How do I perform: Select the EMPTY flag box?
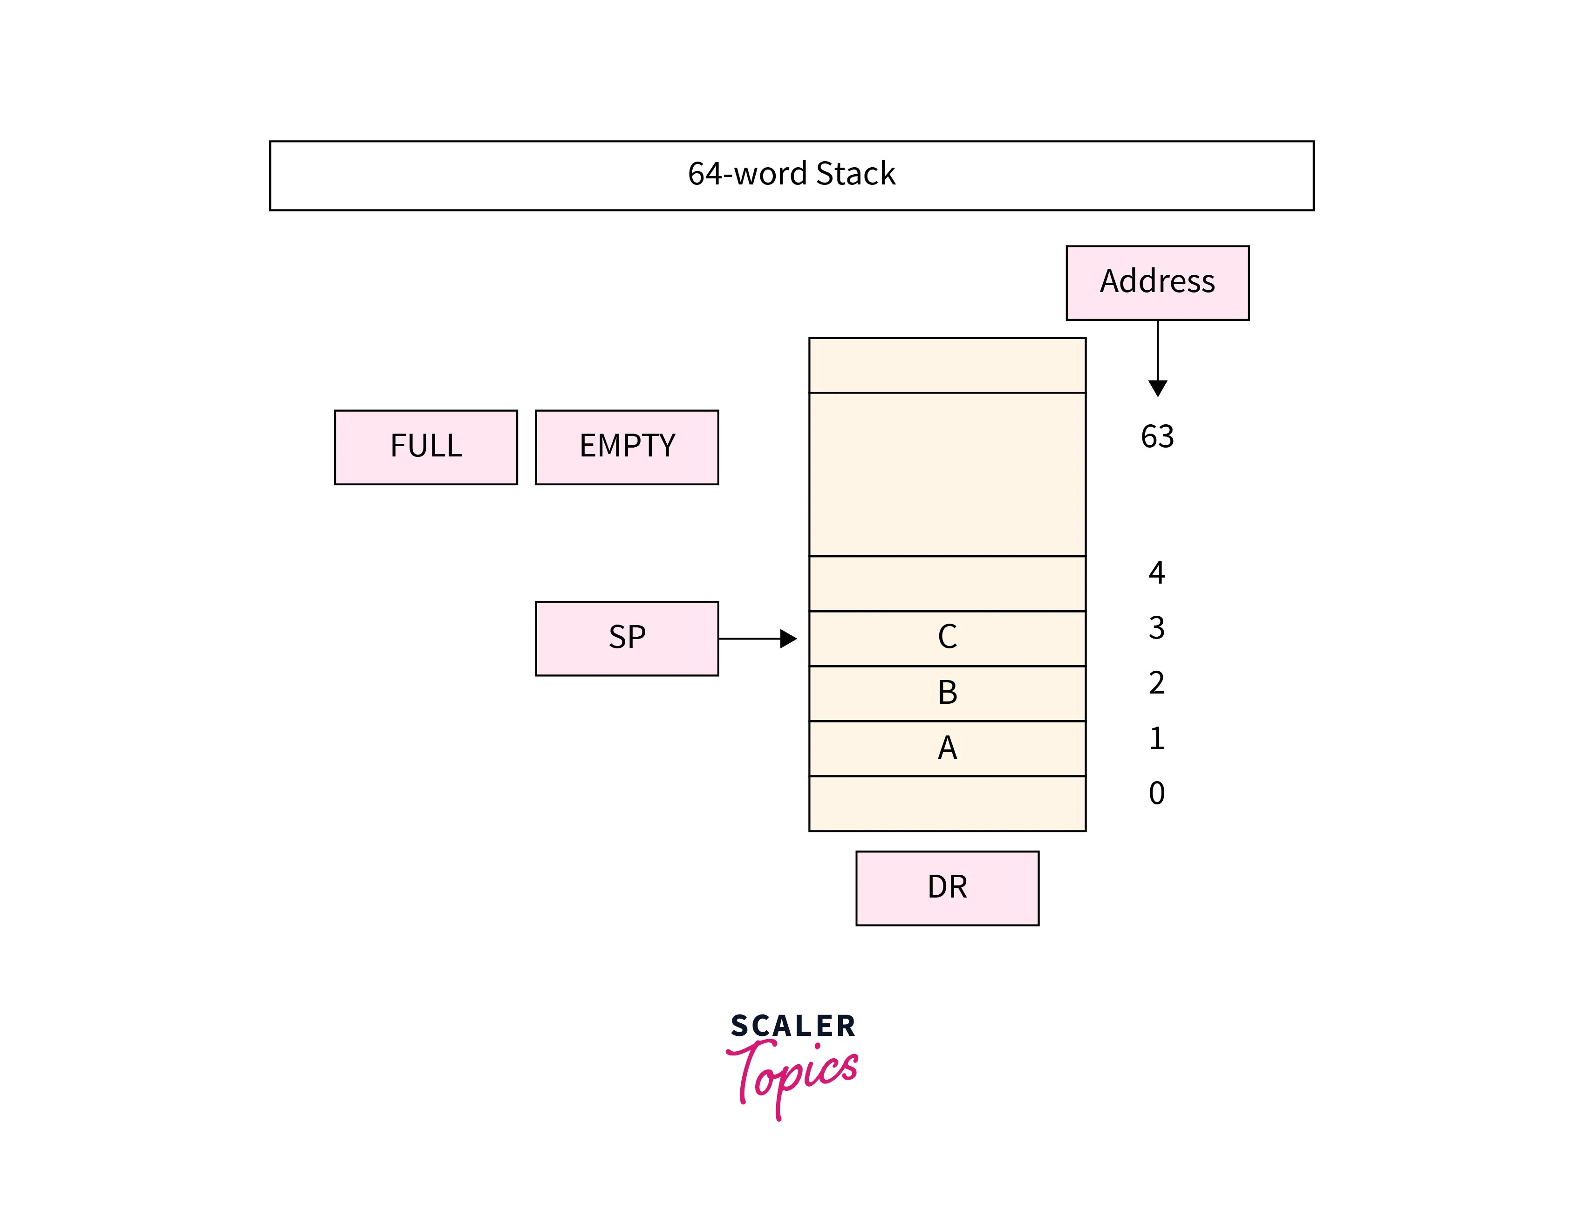[x=627, y=447]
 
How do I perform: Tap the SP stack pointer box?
[x=627, y=638]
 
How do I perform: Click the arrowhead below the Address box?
[x=1157, y=388]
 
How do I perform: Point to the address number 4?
[x=1156, y=573]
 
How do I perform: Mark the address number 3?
[x=1156, y=628]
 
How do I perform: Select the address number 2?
[x=1156, y=683]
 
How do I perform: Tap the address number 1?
[x=1156, y=738]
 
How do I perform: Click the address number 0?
[x=1156, y=793]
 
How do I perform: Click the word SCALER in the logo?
[x=792, y=1026]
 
